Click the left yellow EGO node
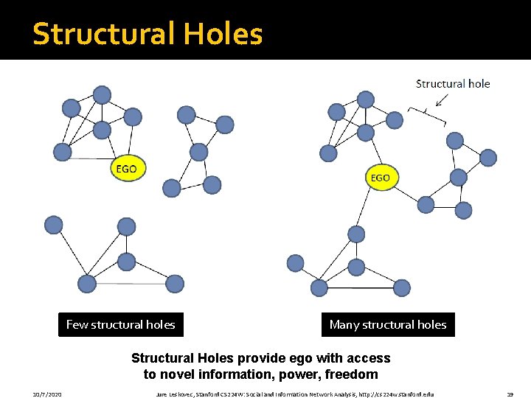(x=126, y=169)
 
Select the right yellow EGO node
(x=380, y=178)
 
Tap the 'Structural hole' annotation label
(x=453, y=83)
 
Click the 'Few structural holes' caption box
(x=121, y=324)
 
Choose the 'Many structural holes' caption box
(x=388, y=324)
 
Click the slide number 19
(x=510, y=394)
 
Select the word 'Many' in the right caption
(x=344, y=324)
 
